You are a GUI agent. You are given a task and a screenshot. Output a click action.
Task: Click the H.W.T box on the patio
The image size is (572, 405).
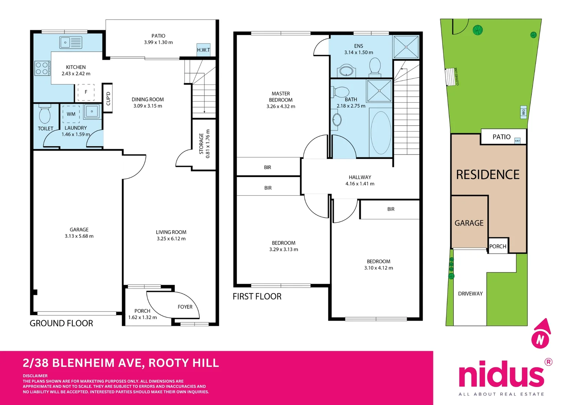pyautogui.click(x=203, y=49)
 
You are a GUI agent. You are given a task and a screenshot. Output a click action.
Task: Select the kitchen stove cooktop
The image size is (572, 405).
pyautogui.click(x=42, y=68)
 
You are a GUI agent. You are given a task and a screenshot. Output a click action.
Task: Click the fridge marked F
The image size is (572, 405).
pyautogui.click(x=86, y=92)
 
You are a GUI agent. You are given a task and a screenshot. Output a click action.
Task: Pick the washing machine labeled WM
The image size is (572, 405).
pyautogui.click(x=71, y=114)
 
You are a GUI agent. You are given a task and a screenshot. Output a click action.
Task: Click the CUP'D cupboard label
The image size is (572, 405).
pyautogui.click(x=108, y=98)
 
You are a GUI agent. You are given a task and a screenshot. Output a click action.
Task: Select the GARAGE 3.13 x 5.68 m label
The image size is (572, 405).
pyautogui.click(x=79, y=233)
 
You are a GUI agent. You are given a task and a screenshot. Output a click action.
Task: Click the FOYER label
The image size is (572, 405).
pyautogui.click(x=185, y=307)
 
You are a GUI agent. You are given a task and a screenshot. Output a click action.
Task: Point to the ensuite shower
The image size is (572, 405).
pyautogui.click(x=406, y=47)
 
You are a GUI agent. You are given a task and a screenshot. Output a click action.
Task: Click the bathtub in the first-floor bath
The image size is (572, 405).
pyautogui.click(x=381, y=132)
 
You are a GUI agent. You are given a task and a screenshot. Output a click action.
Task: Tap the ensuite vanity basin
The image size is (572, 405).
pyautogui.click(x=347, y=71)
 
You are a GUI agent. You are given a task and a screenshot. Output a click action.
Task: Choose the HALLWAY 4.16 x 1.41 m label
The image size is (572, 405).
pyautogui.click(x=360, y=180)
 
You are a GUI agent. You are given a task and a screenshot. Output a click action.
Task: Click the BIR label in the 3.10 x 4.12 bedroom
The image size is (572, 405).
pyautogui.click(x=391, y=209)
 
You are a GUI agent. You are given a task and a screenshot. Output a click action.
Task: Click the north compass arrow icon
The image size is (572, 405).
pyautogui.click(x=541, y=333)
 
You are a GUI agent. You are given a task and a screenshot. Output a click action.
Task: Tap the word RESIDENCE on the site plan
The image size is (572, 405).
pyautogui.click(x=488, y=175)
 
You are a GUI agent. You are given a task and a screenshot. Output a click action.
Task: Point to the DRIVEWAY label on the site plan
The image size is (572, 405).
pyautogui.click(x=470, y=294)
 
